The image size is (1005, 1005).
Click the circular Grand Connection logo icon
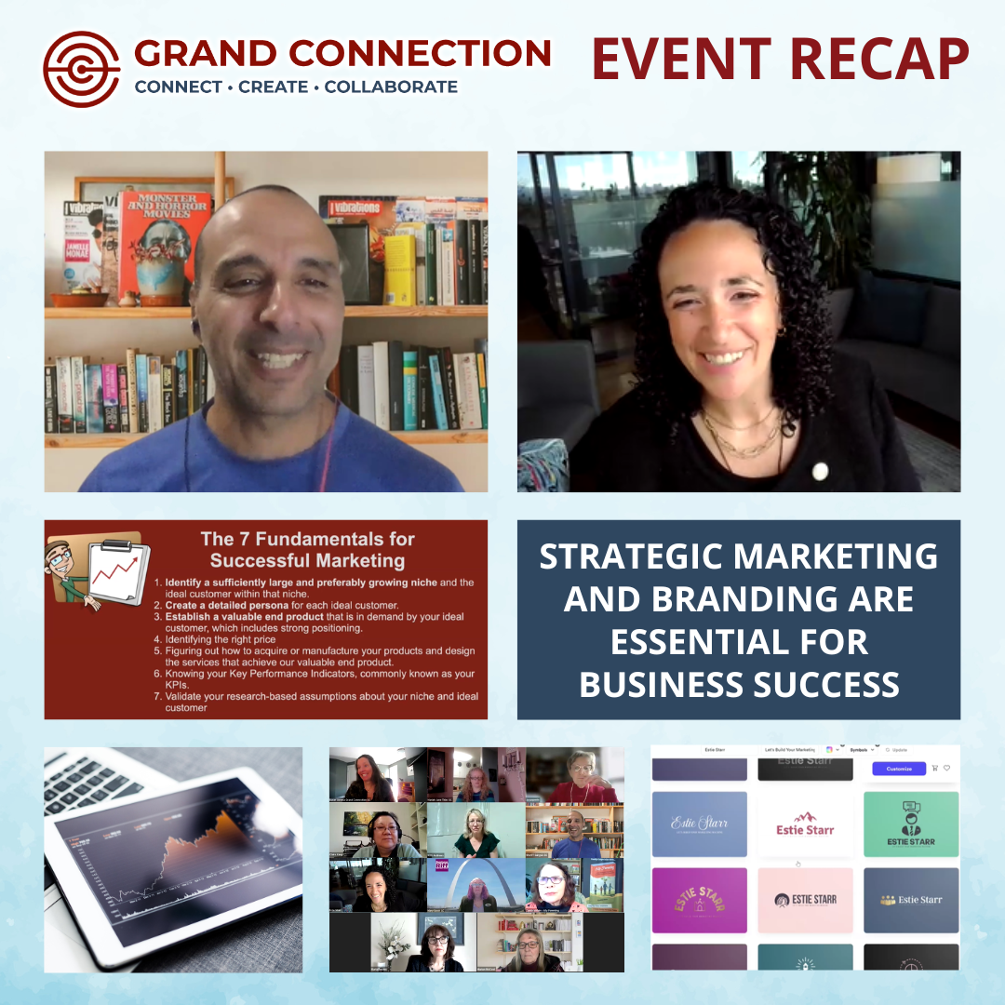point(82,70)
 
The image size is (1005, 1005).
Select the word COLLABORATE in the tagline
point(391,87)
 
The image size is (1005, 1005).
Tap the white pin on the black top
point(820,471)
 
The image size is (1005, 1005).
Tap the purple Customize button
point(899,769)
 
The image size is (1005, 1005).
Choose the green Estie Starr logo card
point(911,824)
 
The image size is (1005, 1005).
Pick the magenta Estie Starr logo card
point(699,900)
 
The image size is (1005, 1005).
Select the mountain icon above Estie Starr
point(805,816)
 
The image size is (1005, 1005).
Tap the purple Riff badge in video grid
point(442,865)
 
